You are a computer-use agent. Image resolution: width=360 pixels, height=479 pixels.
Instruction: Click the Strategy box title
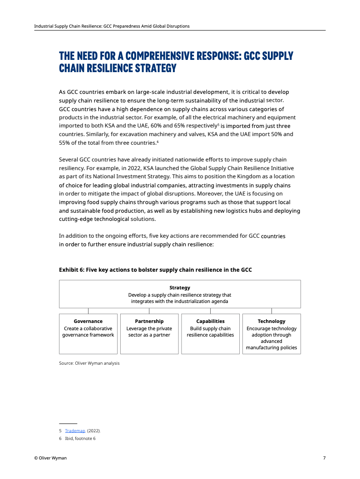pyautogui.click(x=180, y=288)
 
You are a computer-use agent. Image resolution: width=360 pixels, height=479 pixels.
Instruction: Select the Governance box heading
pyautogui.click(x=88, y=321)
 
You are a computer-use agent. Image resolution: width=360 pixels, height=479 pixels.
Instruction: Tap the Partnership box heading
pyautogui.click(x=149, y=321)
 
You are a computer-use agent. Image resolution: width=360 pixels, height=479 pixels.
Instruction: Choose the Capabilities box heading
pyautogui.click(x=210, y=321)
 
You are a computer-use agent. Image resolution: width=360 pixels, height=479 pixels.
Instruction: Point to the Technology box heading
pyautogui.click(x=271, y=321)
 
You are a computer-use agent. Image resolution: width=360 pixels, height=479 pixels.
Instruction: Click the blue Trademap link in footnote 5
pyautogui.click(x=75, y=430)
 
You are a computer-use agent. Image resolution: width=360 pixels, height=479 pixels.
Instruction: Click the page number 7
pyautogui.click(x=324, y=458)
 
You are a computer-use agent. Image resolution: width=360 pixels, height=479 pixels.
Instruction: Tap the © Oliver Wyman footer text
pyautogui.click(x=50, y=458)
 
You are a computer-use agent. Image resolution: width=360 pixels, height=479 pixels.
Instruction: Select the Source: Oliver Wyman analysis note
pyautogui.click(x=89, y=363)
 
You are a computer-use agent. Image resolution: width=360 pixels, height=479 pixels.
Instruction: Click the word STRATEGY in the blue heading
pyautogui.click(x=155, y=68)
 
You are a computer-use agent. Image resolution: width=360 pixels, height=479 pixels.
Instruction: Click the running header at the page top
pyautogui.click(x=112, y=26)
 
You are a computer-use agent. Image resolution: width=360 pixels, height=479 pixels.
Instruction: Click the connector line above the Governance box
pyautogui.click(x=88, y=311)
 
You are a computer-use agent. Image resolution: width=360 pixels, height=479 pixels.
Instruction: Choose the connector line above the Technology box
pyautogui.click(x=271, y=311)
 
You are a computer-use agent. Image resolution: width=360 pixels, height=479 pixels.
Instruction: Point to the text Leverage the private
pyautogui.click(x=149, y=329)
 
